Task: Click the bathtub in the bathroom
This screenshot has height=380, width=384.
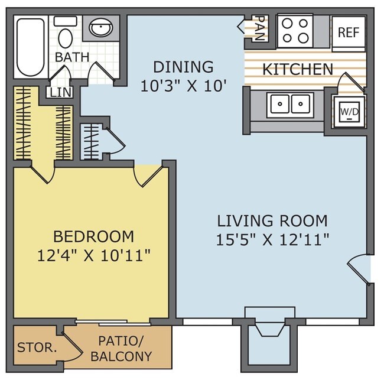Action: tap(31, 47)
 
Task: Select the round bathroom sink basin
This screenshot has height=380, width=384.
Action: tap(101, 27)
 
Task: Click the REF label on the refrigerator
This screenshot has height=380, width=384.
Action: tap(349, 33)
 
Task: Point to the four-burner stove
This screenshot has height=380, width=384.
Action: tap(295, 31)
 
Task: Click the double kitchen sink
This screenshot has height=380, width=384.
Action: tap(290, 104)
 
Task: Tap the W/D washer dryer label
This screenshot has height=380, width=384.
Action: tap(350, 112)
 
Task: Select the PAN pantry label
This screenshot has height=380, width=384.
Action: tap(260, 28)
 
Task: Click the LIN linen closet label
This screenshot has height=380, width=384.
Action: tap(60, 92)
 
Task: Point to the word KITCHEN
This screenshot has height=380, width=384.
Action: tap(298, 69)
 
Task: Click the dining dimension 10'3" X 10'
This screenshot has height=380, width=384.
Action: tap(183, 86)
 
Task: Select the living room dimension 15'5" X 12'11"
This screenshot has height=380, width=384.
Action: tap(272, 239)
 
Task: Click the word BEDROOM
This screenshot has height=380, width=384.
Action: tap(93, 236)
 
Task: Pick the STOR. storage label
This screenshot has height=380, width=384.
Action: tap(37, 347)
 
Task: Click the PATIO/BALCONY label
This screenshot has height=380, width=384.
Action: tap(121, 349)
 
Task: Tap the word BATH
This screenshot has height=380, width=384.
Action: tap(72, 57)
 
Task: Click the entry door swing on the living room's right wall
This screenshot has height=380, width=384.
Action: tap(359, 269)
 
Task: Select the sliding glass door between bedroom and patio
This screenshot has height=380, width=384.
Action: tap(113, 323)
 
